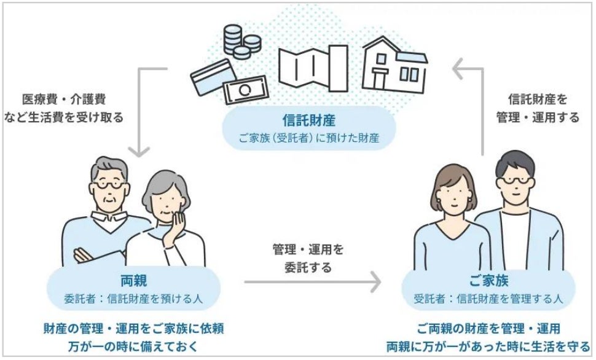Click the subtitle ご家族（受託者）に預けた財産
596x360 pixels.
click(297, 138)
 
